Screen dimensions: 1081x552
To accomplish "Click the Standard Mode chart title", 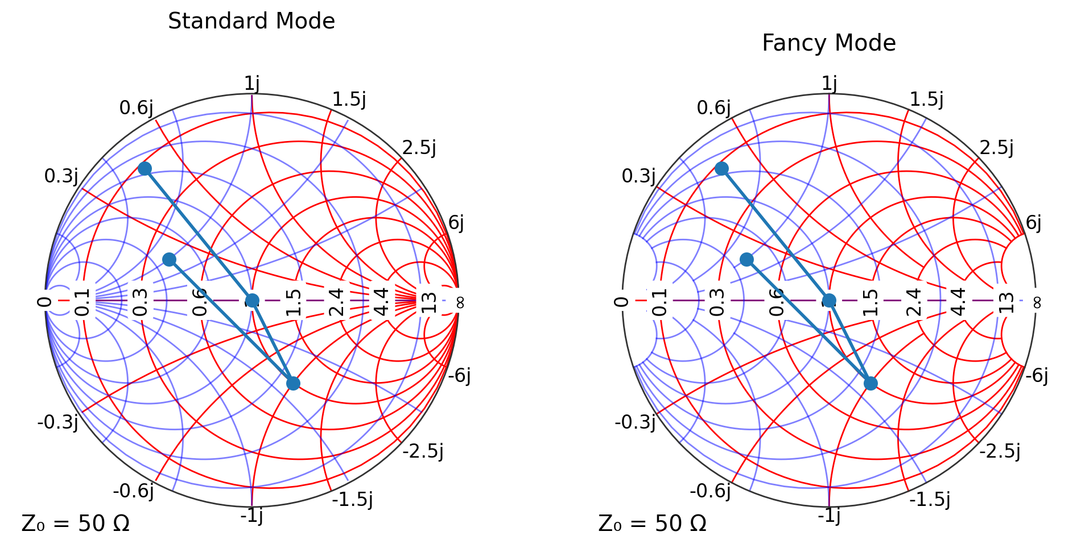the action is [251, 21].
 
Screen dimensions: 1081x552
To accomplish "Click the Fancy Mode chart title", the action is [829, 43].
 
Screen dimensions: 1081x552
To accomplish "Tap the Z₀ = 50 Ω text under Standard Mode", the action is [76, 524].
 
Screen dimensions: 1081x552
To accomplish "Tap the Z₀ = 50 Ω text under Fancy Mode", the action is [653, 524].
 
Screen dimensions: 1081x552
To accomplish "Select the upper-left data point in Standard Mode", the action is [145, 168].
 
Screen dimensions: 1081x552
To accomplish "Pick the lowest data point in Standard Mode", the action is [293, 383].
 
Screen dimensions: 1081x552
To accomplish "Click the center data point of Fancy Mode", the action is [830, 300].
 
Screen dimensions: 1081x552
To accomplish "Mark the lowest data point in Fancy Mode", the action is [870, 383].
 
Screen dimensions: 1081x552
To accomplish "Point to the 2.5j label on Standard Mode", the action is [419, 147].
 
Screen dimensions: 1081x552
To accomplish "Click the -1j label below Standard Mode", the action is [251, 515].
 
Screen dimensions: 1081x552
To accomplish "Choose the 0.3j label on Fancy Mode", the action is [638, 176].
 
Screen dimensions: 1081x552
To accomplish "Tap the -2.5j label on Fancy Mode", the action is [1000, 451].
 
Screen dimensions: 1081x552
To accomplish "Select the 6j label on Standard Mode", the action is [456, 223].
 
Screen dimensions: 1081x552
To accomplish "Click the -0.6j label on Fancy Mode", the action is [711, 491].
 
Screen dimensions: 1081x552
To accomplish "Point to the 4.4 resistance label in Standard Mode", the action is [381, 301].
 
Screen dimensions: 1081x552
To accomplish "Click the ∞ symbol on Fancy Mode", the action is [1037, 302].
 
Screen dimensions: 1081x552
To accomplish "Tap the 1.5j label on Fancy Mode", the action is [927, 99].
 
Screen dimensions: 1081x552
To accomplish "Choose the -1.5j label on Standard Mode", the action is [353, 499].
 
